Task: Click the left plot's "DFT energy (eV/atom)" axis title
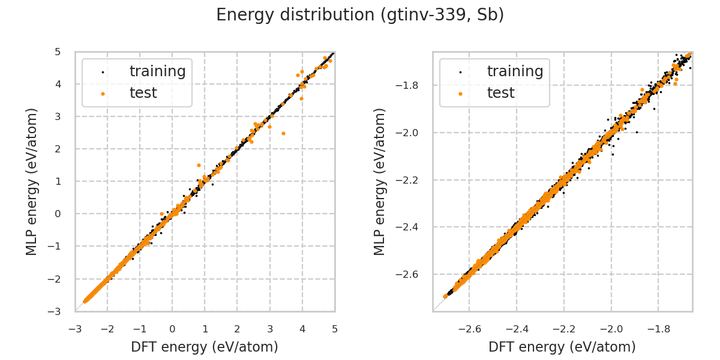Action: [205, 347]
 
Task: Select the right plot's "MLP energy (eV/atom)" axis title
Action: [380, 181]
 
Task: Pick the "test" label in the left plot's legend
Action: [143, 93]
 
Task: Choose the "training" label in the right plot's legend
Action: [515, 71]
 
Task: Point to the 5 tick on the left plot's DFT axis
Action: [334, 329]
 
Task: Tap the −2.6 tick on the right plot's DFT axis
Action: [469, 329]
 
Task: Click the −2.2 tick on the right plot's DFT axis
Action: [563, 329]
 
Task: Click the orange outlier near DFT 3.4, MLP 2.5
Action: [283, 133]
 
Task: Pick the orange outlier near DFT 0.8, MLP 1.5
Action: [199, 165]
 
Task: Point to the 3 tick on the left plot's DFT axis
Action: [269, 329]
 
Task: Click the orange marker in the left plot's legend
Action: [103, 94]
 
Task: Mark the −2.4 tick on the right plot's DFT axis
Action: [516, 329]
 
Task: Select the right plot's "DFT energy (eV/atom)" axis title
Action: [562, 347]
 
